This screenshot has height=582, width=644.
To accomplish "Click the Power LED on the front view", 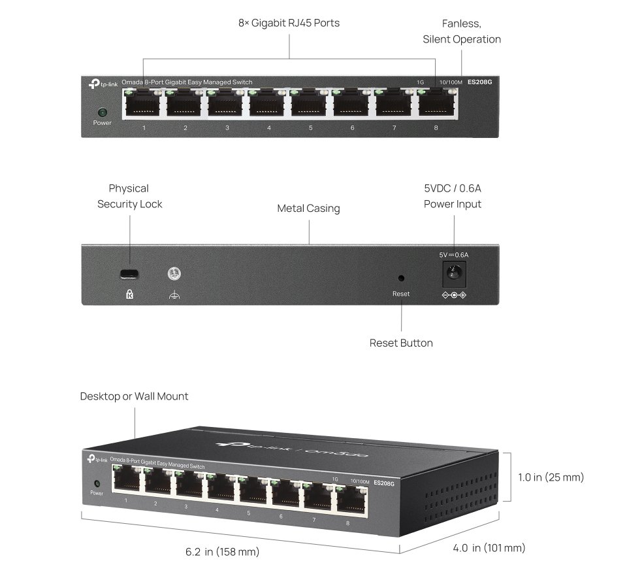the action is coord(103,112).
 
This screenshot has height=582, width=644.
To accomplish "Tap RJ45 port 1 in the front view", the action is coord(142,105).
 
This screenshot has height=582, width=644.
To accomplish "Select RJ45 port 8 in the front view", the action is coord(437,105).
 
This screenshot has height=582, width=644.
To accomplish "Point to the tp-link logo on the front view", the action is coord(103,84).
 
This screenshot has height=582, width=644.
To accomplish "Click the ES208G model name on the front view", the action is coord(479,82).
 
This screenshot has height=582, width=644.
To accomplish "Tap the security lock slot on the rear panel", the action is coord(129,274).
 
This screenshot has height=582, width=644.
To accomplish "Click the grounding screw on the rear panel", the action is coord(174,273).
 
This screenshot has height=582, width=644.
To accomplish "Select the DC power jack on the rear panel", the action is coord(454,273).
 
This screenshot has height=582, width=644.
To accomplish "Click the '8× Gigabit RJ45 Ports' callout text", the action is coord(289,23).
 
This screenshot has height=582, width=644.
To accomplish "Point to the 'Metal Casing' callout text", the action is coord(308,209).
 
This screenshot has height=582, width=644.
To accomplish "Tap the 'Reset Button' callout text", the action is coord(401,343).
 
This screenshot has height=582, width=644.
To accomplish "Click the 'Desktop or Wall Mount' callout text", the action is coord(135,396).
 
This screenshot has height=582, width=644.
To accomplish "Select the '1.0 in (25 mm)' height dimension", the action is coord(551,477).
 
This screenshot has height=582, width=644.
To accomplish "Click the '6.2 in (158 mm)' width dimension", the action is coord(222,551).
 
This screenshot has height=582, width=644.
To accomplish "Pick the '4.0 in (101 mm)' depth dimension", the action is coord(489,548).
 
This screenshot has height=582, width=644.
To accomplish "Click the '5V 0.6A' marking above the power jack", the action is coord(454,255).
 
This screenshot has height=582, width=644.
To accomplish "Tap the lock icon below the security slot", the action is coord(129,294).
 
